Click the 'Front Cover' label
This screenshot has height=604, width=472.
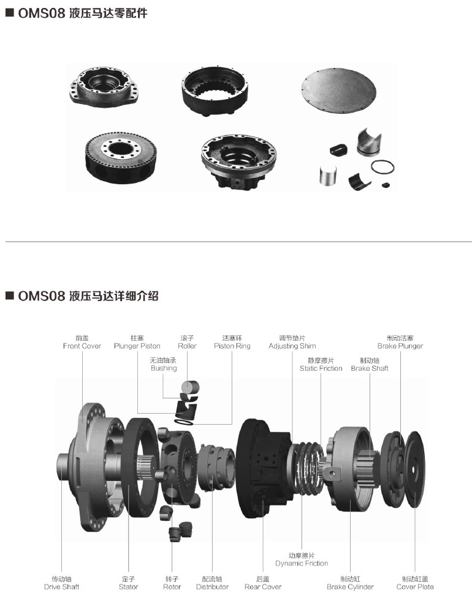[82, 346]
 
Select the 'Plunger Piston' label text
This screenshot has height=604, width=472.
[137, 346]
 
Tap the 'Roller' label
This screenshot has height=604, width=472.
[187, 346]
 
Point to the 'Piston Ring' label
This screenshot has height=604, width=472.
[232, 346]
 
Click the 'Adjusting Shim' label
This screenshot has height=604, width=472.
[292, 346]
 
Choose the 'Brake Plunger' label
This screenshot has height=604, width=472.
[400, 346]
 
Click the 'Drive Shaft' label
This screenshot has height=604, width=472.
[61, 587]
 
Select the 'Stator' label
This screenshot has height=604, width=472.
[128, 587]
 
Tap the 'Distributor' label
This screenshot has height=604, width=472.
[212, 587]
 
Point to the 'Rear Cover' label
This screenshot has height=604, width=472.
[263, 587]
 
